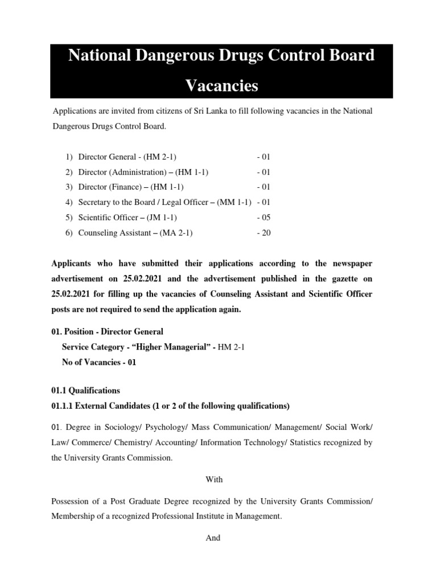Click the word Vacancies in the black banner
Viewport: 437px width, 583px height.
(222, 86)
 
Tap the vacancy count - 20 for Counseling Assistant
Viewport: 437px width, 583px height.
(265, 233)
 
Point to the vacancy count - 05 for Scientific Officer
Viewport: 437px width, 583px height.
(265, 217)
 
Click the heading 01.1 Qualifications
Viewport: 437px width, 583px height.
(86, 391)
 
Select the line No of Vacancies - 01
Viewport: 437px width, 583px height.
(99, 362)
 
